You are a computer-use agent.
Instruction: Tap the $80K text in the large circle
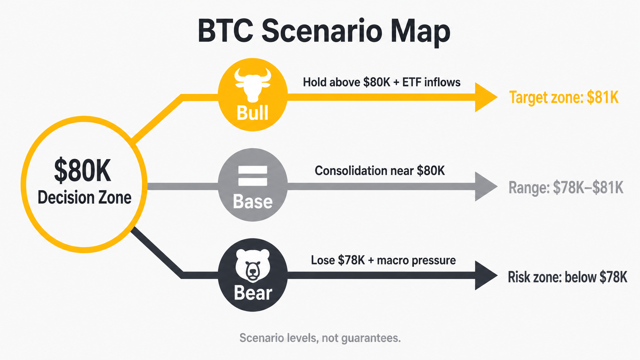click(x=82, y=171)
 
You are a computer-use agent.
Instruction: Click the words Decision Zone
click(x=84, y=197)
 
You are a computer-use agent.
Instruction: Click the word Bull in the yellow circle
click(x=253, y=113)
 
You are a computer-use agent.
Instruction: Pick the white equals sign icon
click(x=253, y=176)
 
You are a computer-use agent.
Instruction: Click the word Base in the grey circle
click(x=253, y=202)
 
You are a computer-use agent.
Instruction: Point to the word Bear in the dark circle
click(x=253, y=293)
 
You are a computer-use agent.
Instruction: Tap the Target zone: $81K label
click(x=564, y=98)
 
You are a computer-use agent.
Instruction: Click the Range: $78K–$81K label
click(x=566, y=188)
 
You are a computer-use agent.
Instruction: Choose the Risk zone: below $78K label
click(x=567, y=277)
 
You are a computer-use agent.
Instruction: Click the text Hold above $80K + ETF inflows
click(x=382, y=82)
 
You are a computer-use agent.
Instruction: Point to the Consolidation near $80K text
click(x=380, y=171)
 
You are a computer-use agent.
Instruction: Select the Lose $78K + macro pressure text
click(x=383, y=261)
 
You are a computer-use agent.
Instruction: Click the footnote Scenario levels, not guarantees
click(x=320, y=338)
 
